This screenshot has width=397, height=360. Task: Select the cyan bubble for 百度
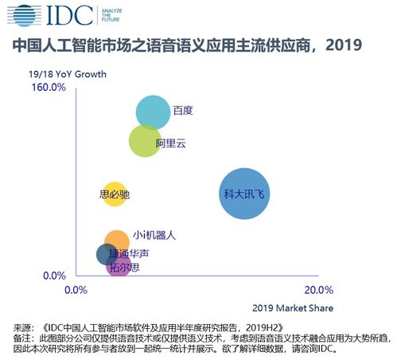pos(153,112)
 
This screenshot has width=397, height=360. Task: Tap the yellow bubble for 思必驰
pos(115,194)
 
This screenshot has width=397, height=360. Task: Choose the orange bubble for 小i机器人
pos(117,241)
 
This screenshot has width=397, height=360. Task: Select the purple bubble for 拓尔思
pos(119,265)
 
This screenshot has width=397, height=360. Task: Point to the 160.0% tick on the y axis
pos(49,88)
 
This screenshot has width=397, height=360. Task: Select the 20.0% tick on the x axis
pos(319,289)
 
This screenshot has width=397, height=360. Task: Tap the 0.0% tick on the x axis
pos(76,289)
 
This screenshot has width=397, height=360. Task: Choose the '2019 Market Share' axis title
pos(293,308)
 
